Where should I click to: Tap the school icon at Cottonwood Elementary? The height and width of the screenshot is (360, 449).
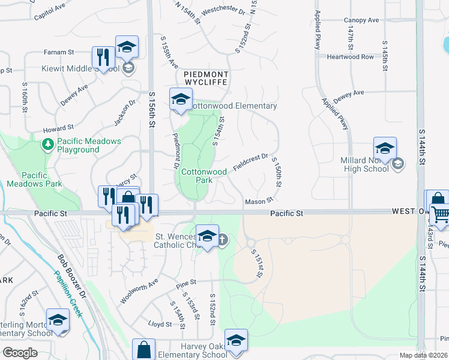point(179,100)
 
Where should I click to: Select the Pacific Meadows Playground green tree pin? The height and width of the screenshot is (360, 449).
point(47,145)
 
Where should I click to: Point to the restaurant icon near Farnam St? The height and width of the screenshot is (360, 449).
point(103,58)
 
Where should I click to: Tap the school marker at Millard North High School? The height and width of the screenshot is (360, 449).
point(384,148)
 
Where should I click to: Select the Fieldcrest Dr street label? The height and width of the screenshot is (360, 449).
point(250,161)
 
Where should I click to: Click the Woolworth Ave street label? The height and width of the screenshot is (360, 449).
point(139,290)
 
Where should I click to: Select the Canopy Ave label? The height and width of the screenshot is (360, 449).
point(361,20)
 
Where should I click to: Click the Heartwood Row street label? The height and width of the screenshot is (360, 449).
point(350,57)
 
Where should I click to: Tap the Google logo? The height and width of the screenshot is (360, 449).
point(20,353)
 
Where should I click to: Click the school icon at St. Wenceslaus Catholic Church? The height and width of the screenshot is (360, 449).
point(208,236)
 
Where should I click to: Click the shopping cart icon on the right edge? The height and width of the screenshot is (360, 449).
point(440,214)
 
